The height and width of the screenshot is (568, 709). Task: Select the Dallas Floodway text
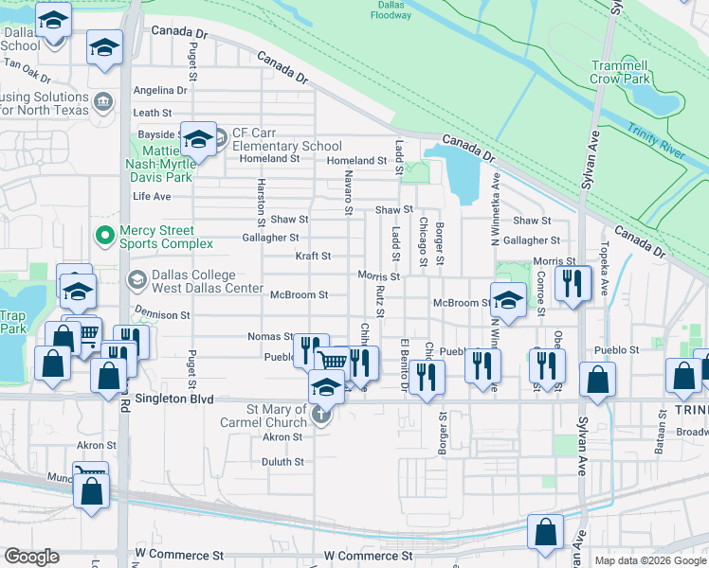[391, 9]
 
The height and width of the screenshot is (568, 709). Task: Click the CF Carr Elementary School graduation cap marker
[198, 140]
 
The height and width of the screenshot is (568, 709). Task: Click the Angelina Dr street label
[160, 91]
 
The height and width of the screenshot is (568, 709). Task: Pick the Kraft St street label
[312, 256]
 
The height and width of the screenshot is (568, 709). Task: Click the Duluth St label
[283, 462]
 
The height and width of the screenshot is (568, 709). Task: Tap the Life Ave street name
[152, 197]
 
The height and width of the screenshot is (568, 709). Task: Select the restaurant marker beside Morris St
[573, 284]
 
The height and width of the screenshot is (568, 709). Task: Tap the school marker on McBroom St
[508, 301]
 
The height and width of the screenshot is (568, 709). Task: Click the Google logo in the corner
[30, 557]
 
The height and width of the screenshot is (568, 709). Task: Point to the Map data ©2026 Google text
[649, 560]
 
